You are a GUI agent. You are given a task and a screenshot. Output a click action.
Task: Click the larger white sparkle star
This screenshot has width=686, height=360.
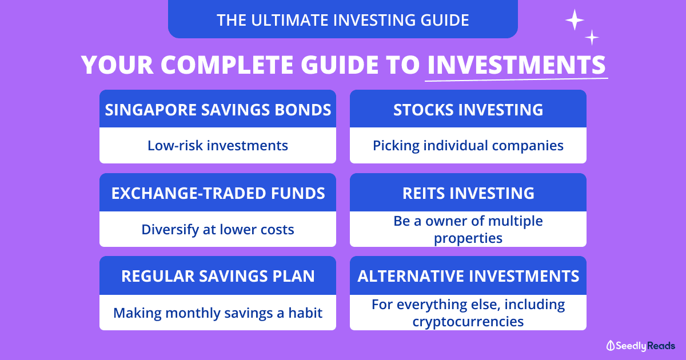(575, 20)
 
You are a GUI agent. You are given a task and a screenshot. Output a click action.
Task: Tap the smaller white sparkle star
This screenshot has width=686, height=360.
(592, 38)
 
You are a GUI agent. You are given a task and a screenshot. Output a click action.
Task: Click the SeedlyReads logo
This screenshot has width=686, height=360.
(641, 346)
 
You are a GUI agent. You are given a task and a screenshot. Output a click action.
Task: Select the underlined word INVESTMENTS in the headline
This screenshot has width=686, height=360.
(516, 65)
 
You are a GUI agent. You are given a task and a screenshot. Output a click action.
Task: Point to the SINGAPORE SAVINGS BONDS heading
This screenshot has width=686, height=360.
(218, 110)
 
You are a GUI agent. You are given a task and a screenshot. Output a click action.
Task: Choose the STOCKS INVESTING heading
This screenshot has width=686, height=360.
(468, 110)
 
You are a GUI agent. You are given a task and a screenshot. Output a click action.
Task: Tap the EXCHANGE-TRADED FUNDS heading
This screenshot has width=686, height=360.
(218, 193)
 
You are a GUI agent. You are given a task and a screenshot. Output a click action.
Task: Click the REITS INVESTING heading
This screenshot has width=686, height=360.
(468, 193)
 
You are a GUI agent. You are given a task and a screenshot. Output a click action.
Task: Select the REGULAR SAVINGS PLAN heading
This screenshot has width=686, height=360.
(218, 276)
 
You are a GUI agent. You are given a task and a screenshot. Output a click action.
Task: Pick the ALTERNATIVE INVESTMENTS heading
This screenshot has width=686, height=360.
(468, 276)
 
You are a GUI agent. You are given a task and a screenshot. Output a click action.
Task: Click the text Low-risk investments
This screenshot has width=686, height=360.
(218, 146)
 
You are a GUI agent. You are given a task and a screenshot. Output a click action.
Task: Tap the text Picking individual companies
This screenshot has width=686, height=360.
(468, 146)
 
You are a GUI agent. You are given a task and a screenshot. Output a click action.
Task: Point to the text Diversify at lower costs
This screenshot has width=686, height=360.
(218, 230)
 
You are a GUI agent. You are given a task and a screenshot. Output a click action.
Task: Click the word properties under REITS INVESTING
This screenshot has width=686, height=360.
(468, 238)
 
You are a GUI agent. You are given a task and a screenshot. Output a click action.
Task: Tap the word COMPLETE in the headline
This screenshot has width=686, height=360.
(227, 65)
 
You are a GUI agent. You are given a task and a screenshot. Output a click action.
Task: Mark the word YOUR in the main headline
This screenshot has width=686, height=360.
(117, 65)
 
